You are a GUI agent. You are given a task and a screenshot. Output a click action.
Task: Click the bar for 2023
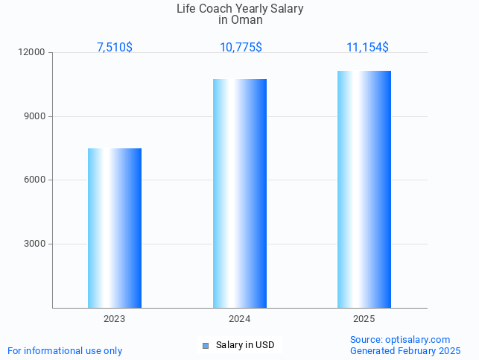(x=115, y=228)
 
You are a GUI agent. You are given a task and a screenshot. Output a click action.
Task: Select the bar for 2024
(x=240, y=193)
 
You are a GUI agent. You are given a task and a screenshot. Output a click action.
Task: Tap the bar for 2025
(x=364, y=189)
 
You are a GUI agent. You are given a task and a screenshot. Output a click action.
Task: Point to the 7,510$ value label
(x=115, y=47)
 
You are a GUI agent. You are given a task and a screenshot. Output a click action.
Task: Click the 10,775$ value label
(x=241, y=47)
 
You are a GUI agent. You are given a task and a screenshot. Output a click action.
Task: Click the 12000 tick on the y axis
(x=32, y=53)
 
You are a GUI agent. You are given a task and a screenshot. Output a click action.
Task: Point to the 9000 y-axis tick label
(x=34, y=116)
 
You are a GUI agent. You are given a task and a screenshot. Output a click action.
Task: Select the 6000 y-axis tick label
(x=34, y=180)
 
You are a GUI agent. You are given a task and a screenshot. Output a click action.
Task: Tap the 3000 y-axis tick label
(x=34, y=244)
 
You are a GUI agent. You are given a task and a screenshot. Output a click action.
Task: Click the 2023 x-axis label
(x=115, y=319)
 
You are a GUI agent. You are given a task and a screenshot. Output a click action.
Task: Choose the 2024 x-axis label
(x=239, y=319)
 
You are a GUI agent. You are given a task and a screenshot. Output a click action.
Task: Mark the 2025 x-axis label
(x=364, y=319)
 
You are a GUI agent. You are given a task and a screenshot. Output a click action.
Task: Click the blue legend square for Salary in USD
(x=206, y=345)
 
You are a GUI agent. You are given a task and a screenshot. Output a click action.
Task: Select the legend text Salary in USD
(x=245, y=345)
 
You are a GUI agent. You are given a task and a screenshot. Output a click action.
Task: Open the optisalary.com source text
(x=400, y=339)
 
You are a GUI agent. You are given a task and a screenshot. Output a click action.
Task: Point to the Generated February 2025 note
(x=405, y=350)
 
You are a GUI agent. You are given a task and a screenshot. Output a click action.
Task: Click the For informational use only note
(x=65, y=350)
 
